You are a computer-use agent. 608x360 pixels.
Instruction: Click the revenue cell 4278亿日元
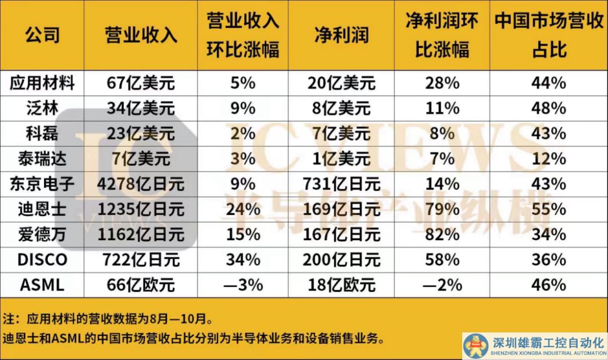(141, 183)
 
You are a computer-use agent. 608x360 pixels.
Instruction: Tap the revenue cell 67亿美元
(141, 84)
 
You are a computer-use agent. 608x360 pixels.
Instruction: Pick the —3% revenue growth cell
(243, 285)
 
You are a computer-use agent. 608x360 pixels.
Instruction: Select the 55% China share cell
(548, 209)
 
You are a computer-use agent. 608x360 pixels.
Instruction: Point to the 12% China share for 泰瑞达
(548, 158)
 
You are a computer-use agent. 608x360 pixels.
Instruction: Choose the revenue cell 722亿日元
(141, 259)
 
